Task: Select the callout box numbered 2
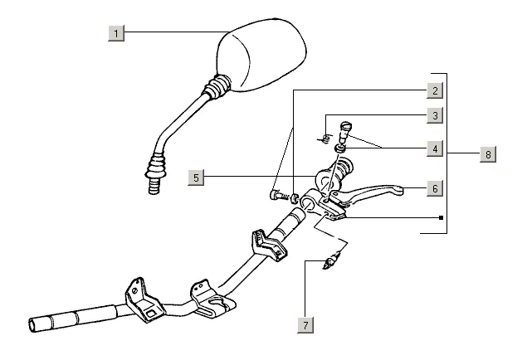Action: pos(434,90)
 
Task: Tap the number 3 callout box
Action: pos(434,115)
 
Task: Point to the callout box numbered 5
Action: pos(196,177)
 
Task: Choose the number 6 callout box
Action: pos(434,188)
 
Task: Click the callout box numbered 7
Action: pos(305,324)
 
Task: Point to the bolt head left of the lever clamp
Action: pos(275,197)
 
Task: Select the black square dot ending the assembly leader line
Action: pos(441,219)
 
